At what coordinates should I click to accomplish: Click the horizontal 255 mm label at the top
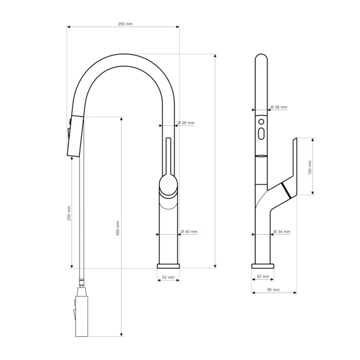click(x=125, y=24)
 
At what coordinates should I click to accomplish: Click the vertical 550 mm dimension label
click(x=118, y=228)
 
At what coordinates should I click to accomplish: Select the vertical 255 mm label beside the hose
click(x=69, y=213)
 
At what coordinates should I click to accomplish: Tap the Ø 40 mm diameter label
click(x=189, y=231)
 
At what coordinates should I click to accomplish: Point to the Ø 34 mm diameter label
click(x=282, y=232)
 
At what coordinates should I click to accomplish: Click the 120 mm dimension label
click(x=310, y=167)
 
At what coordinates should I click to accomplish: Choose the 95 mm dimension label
click(x=273, y=290)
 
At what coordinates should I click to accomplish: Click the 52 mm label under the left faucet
click(x=168, y=277)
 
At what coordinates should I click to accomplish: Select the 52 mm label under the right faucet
click(x=263, y=276)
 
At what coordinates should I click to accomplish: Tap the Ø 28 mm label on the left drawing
click(x=186, y=123)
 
